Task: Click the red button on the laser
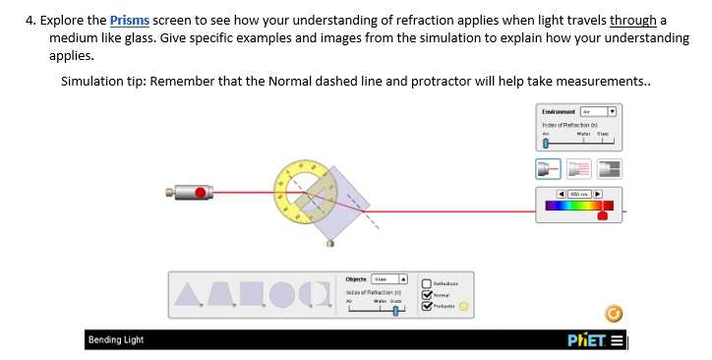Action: pyautogui.click(x=201, y=192)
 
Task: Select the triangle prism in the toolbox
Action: pyautogui.click(x=188, y=292)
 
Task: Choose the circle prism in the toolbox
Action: pyautogui.click(x=283, y=292)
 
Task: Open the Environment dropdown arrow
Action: pyautogui.click(x=611, y=112)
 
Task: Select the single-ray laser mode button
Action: pyautogui.click(x=549, y=169)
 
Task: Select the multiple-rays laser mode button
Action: pyautogui.click(x=579, y=169)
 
